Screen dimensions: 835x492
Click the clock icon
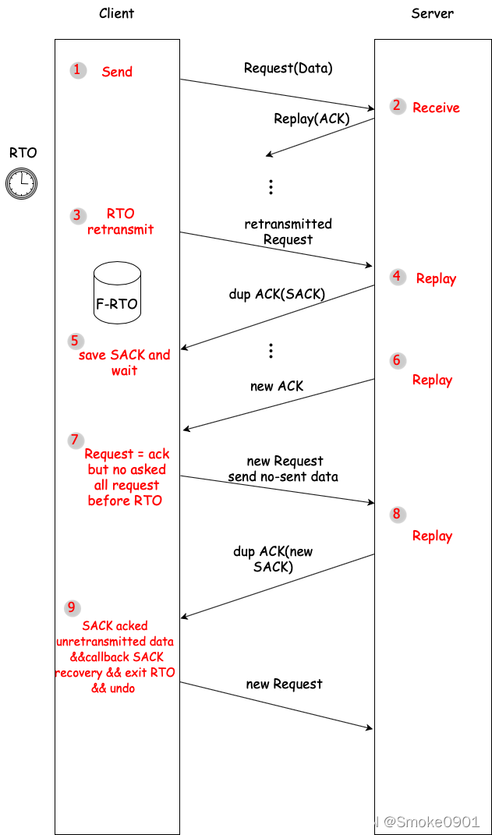coord(21,183)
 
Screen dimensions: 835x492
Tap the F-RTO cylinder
coord(117,292)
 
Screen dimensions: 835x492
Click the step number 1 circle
coord(77,70)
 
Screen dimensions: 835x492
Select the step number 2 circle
coord(398,106)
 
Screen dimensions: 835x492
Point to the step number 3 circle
coord(76,215)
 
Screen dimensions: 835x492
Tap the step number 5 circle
coord(75,341)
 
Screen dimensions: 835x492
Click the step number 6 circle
coord(397,360)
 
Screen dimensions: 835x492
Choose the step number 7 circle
coord(75,440)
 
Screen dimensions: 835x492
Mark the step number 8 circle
coord(397,514)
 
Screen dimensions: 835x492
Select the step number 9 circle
coord(72,607)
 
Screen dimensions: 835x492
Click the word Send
coord(117,72)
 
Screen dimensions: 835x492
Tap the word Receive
coord(436,108)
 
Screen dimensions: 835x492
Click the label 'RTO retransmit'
coord(120,221)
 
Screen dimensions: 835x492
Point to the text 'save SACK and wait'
coord(124,363)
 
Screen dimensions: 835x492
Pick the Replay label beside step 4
coord(436,278)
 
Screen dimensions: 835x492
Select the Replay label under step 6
coord(432,380)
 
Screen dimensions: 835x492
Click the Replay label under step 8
coord(432,536)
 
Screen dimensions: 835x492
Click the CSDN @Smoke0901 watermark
coord(409,821)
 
